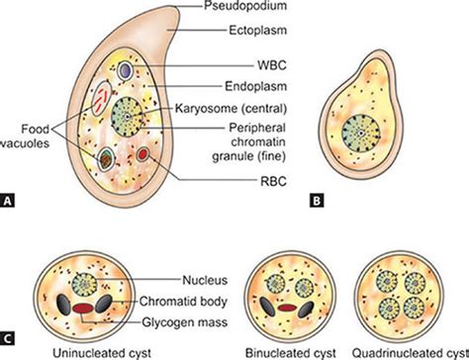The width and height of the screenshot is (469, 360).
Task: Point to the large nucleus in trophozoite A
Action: click(128, 116)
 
